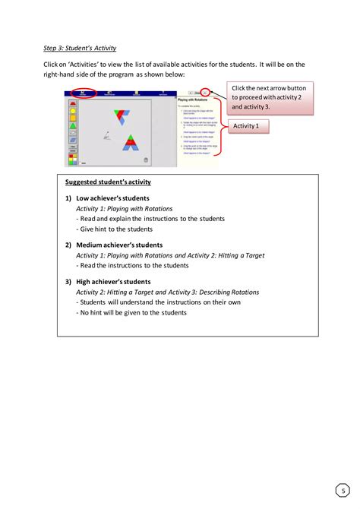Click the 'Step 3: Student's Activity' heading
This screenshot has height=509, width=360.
80,47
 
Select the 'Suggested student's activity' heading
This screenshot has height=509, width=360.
108,182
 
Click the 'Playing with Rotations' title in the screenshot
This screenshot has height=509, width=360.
194,99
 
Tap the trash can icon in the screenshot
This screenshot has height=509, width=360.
146,159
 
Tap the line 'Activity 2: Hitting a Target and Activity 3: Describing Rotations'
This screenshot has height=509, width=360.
167,292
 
